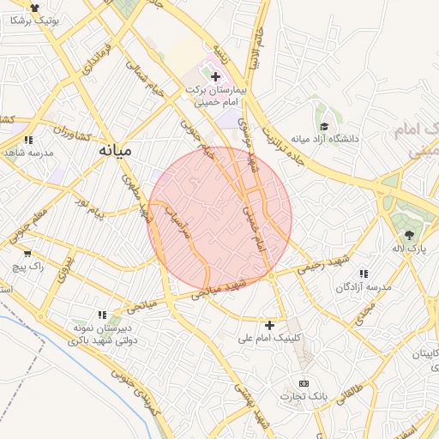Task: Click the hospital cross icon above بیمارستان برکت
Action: [215, 77]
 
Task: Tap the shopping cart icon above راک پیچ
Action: [27, 254]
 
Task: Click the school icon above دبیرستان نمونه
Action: [103, 315]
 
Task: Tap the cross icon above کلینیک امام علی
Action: [269, 325]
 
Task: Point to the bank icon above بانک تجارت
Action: [303, 382]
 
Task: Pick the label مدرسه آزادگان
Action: [364, 286]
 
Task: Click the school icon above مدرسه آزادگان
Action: [364, 274]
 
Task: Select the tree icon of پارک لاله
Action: [409, 235]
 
